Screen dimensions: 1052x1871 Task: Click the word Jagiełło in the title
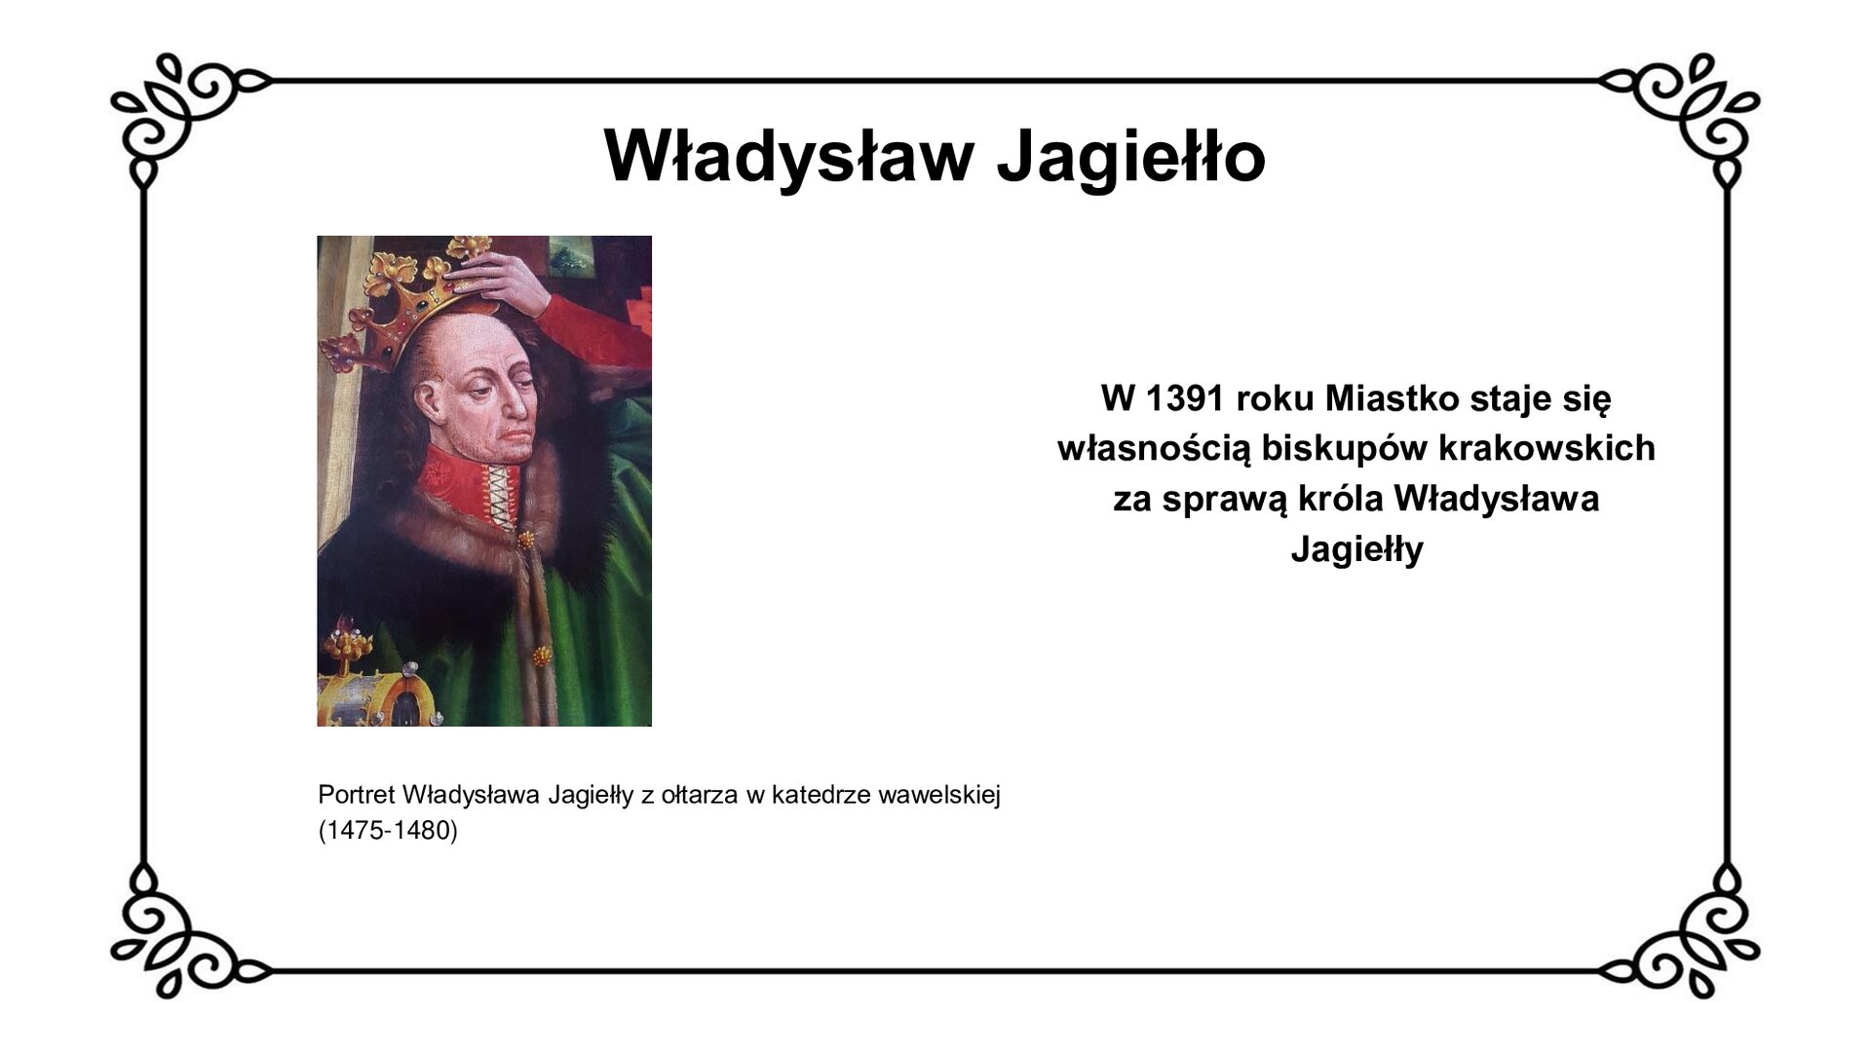point(1130,156)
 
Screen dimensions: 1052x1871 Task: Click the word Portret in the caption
point(356,795)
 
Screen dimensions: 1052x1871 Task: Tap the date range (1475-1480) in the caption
point(388,831)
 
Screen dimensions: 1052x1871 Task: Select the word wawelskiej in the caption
point(939,795)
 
